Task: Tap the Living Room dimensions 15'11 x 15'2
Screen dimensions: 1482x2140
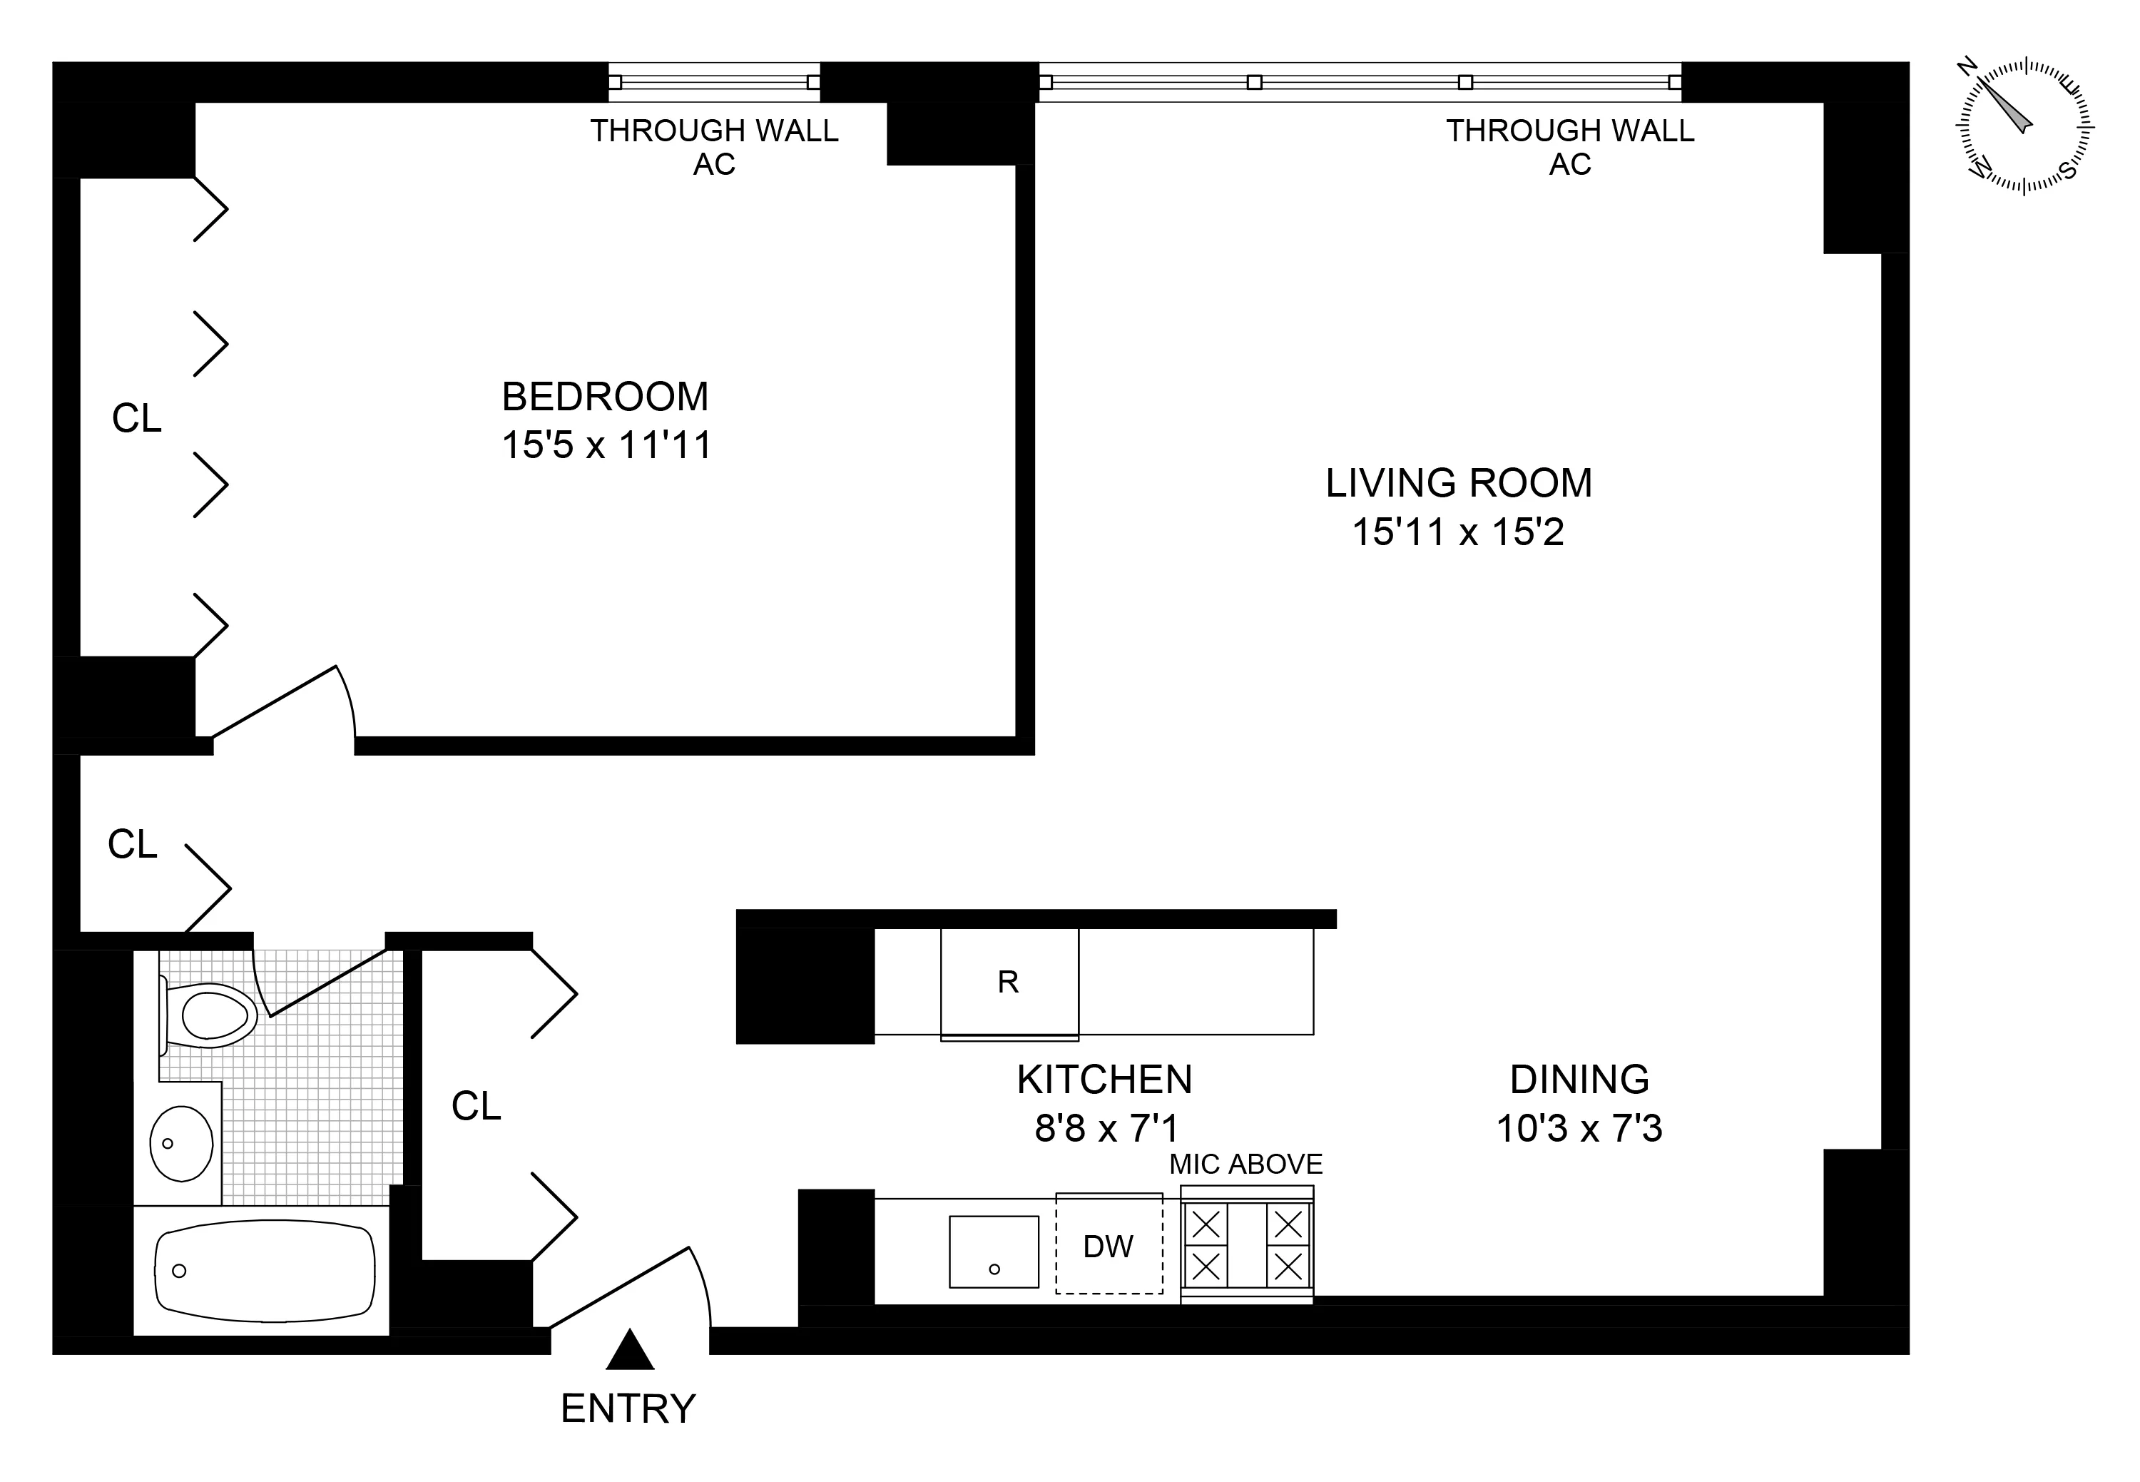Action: (x=1457, y=532)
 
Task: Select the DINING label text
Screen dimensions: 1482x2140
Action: (x=1579, y=1079)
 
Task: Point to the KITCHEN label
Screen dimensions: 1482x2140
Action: (x=1104, y=1079)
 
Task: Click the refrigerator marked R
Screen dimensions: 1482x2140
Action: (x=1009, y=982)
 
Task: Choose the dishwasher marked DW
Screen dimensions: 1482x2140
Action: (x=1109, y=1245)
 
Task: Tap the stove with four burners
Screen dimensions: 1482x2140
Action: (x=1247, y=1245)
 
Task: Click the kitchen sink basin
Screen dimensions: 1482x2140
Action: (x=994, y=1252)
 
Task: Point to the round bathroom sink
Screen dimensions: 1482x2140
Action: (x=181, y=1143)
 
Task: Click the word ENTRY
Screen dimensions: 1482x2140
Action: (x=628, y=1409)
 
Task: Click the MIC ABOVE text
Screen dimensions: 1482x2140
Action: (x=1245, y=1164)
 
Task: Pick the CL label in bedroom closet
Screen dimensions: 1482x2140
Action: (x=136, y=419)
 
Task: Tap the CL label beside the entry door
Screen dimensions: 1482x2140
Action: (x=477, y=1106)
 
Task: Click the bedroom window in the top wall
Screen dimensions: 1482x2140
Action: (x=714, y=82)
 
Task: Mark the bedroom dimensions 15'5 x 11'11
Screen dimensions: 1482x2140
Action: (x=606, y=445)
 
